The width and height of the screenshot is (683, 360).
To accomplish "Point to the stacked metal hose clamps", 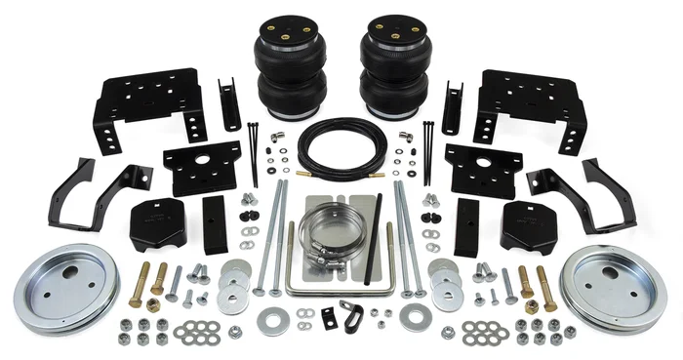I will [x=328, y=239].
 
